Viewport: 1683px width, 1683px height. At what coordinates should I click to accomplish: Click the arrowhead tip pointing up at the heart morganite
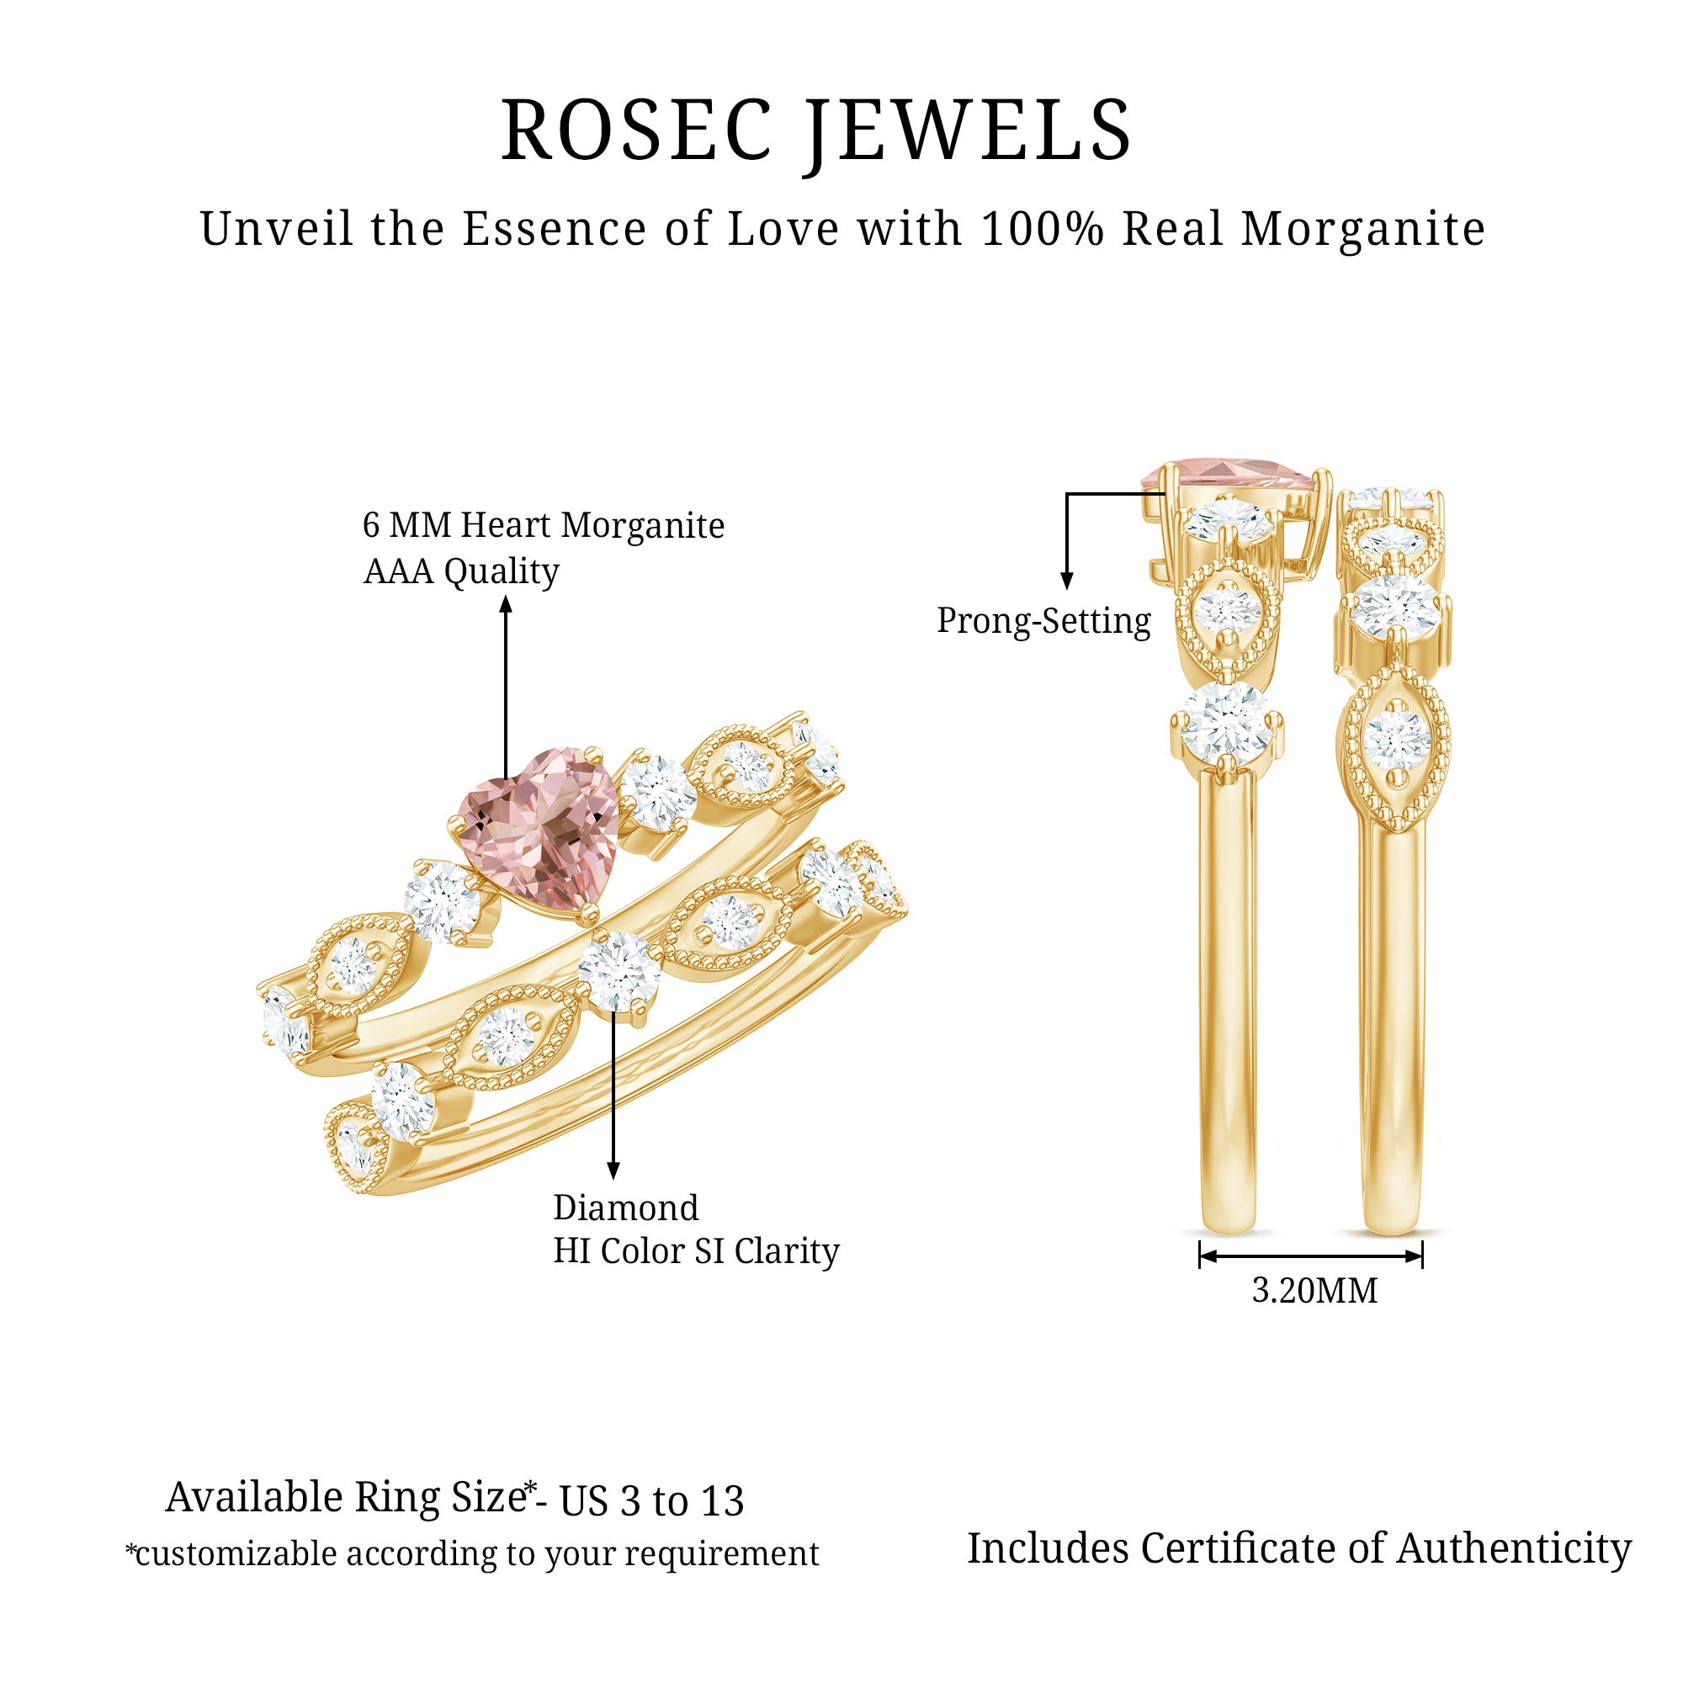tap(505, 595)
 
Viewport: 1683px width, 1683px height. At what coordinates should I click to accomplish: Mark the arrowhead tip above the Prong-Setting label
tap(1067, 590)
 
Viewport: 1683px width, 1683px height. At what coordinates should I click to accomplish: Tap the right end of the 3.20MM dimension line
tap(1422, 1256)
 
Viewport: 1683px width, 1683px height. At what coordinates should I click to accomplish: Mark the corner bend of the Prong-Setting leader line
tap(1067, 495)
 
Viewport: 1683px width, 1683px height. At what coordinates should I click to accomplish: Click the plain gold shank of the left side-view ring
tap(1228, 1001)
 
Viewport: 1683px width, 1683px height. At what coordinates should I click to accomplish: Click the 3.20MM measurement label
tap(1314, 1290)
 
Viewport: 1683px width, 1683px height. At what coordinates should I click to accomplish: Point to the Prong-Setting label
tap(1043, 622)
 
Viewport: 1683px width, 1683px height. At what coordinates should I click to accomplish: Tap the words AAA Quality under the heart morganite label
tap(462, 572)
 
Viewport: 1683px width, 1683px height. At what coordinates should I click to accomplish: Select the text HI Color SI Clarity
tap(697, 1252)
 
